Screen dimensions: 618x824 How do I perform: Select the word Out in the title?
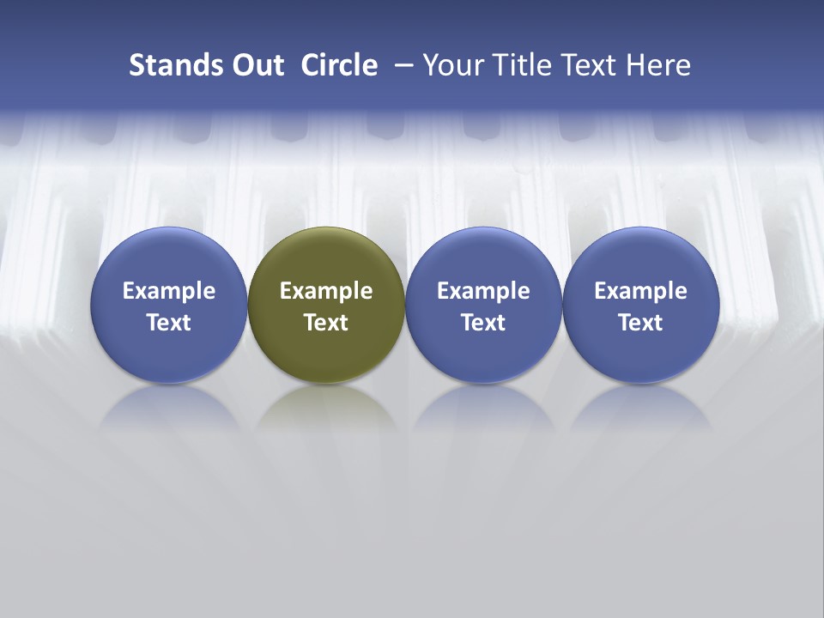[255, 65]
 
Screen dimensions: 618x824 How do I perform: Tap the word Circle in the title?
[339, 65]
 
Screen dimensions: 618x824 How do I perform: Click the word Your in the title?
[451, 65]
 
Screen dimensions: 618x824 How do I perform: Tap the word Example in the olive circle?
[326, 291]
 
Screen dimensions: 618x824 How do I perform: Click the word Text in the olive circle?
[326, 323]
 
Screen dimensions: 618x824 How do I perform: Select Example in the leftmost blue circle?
[169, 291]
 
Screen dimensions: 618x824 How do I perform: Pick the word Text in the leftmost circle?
[169, 323]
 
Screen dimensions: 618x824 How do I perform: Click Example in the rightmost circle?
[640, 291]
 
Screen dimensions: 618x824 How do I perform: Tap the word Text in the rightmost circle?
[640, 323]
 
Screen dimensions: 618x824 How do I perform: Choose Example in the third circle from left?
[483, 291]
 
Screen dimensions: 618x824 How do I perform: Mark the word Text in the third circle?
[483, 323]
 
